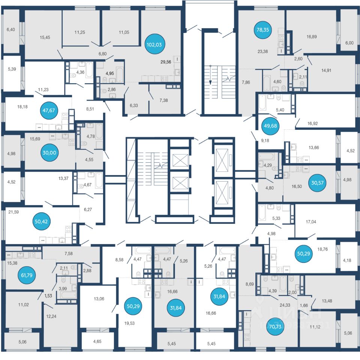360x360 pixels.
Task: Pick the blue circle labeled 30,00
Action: [49, 153]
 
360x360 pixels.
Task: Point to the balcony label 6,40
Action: [11, 29]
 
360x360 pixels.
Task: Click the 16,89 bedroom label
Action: [312, 37]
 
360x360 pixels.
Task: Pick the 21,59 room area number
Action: [13, 212]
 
